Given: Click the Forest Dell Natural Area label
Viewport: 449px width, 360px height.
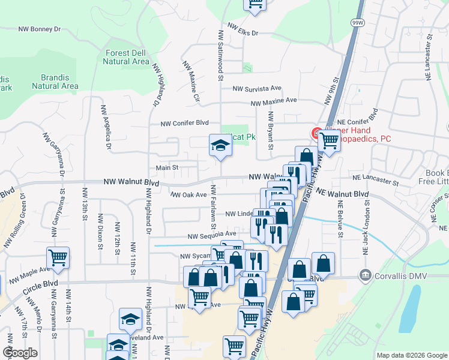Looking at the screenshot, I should (126, 57).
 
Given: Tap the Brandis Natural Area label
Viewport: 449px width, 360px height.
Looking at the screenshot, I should (55, 82).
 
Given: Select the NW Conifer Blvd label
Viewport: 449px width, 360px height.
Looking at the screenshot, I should (184, 124).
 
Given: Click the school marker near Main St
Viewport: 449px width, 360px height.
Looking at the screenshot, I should (220, 145).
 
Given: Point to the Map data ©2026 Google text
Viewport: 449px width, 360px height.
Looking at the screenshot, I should (411, 355).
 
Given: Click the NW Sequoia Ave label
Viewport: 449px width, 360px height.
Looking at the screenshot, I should (211, 235).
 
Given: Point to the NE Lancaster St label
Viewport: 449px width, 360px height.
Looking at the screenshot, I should (376, 179).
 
